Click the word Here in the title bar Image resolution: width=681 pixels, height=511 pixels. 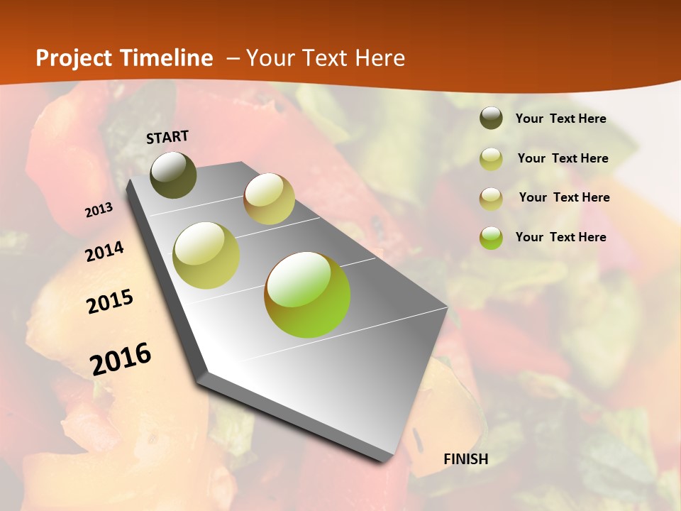click(380, 58)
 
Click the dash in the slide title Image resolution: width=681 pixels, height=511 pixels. click(232, 59)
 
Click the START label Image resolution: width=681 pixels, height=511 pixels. click(167, 137)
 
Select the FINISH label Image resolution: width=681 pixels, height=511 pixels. click(466, 459)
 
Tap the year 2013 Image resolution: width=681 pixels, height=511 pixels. click(99, 210)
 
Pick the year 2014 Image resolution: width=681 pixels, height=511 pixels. click(104, 252)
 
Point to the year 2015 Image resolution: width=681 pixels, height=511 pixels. click(110, 302)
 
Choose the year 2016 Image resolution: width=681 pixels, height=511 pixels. click(121, 358)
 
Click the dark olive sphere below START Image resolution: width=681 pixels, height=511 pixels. click(173, 175)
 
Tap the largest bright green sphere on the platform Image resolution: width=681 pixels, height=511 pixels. click(307, 295)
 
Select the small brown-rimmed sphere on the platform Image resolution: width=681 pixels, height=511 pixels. click(269, 199)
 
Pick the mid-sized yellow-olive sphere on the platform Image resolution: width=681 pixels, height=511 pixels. click(206, 255)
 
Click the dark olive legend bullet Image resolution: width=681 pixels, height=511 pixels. click(491, 119)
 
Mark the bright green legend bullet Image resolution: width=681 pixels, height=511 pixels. click(491, 238)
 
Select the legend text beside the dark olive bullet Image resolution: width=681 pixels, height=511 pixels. click(560, 119)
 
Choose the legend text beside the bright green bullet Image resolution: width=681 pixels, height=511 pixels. click(560, 237)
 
